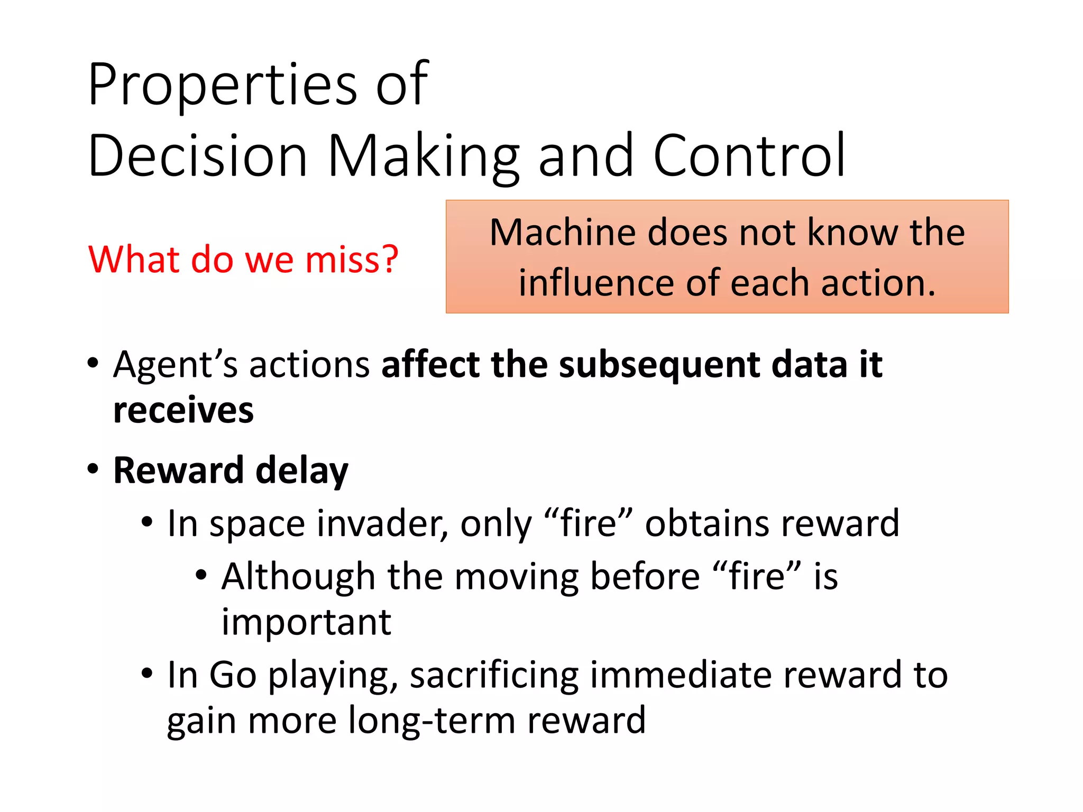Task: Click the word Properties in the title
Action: point(222,85)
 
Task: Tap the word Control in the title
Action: point(749,155)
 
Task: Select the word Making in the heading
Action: point(423,156)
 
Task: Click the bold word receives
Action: point(183,410)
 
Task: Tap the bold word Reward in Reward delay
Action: point(178,470)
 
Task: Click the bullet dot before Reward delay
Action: point(93,468)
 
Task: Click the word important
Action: point(306,622)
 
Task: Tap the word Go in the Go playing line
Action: point(233,675)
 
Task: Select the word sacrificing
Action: point(494,675)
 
